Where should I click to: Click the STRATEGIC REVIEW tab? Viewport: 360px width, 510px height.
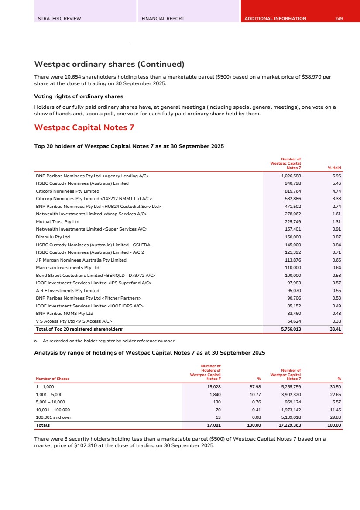pyautogui.click(x=59, y=19)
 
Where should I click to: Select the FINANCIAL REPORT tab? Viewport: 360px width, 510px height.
pyautogui.click(x=163, y=19)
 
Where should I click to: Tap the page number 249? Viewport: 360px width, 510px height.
pyautogui.click(x=339, y=19)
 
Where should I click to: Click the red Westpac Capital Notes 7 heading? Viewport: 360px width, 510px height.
pyautogui.click(x=84, y=127)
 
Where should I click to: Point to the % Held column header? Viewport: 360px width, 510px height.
pyautogui.click(x=334, y=168)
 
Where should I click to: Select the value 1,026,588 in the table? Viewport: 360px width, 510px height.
pyautogui.click(x=290, y=176)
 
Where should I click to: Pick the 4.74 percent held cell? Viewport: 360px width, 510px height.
pyautogui.click(x=336, y=191)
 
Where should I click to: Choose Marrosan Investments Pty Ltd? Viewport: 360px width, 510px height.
pyautogui.click(x=68, y=267)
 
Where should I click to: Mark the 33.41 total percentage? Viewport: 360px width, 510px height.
pyautogui.click(x=335, y=329)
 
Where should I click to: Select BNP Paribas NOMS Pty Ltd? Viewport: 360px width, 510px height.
pyautogui.click(x=65, y=313)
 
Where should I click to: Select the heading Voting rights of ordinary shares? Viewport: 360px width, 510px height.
pyautogui.click(x=79, y=96)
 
